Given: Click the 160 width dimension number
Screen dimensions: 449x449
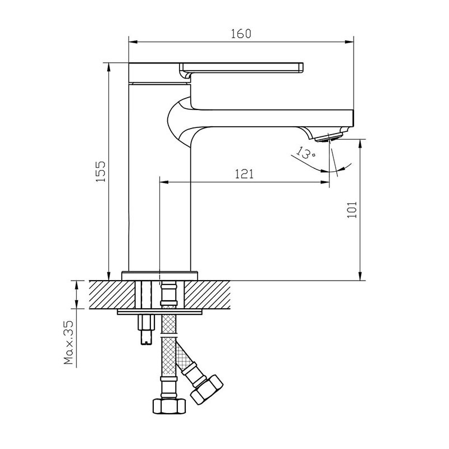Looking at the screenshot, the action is click(241, 34).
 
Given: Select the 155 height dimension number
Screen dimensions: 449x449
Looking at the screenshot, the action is click(101, 172).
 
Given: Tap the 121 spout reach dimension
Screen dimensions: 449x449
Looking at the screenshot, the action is click(244, 174).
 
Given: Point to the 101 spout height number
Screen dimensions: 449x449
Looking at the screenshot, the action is click(352, 209).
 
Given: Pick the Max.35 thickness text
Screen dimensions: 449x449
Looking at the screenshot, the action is click(68, 342).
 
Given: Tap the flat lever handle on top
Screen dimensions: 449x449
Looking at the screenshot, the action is click(241, 67).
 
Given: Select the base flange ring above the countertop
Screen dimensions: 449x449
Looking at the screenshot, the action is click(160, 276).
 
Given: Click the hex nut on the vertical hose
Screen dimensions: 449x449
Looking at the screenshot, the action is click(169, 406).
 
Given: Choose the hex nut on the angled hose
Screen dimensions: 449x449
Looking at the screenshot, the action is click(207, 389).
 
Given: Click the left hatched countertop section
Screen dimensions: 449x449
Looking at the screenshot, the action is click(112, 295).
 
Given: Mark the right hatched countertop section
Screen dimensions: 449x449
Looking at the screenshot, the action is click(207, 295).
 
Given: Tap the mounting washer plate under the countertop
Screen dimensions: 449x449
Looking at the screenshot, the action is click(159, 312).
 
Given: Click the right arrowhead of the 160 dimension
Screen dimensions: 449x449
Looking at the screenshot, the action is click(349, 42).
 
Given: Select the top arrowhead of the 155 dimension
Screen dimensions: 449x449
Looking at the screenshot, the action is click(108, 67).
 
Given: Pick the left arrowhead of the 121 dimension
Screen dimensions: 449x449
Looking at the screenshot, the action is click(164, 182).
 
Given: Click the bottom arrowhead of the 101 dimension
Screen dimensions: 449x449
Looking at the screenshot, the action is click(360, 276).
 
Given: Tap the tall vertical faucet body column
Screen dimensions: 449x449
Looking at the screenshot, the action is click(159, 177).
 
